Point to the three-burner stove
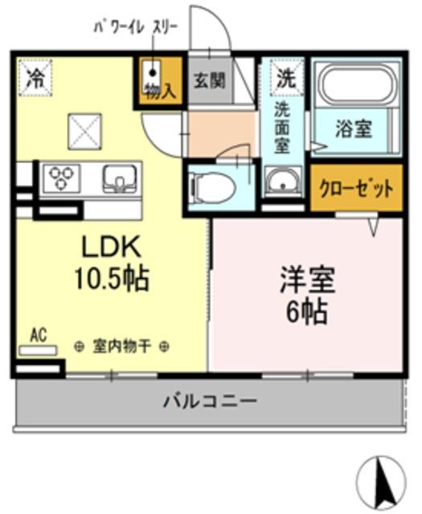coord(61,178)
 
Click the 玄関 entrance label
coord(210,81)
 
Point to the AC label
coord(37,333)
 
